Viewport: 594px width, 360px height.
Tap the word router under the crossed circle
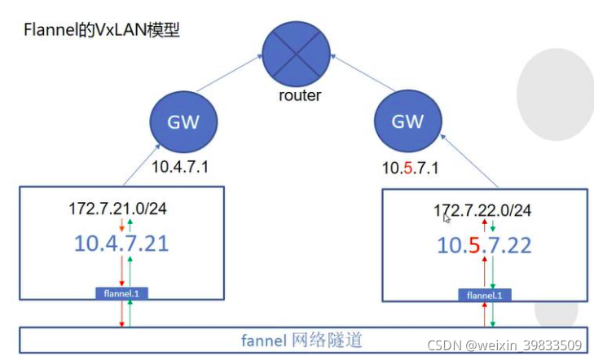[298, 95]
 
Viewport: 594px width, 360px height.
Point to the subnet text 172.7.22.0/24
[482, 211]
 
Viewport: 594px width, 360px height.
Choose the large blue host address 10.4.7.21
[122, 243]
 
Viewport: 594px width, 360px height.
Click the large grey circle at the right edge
[557, 93]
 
